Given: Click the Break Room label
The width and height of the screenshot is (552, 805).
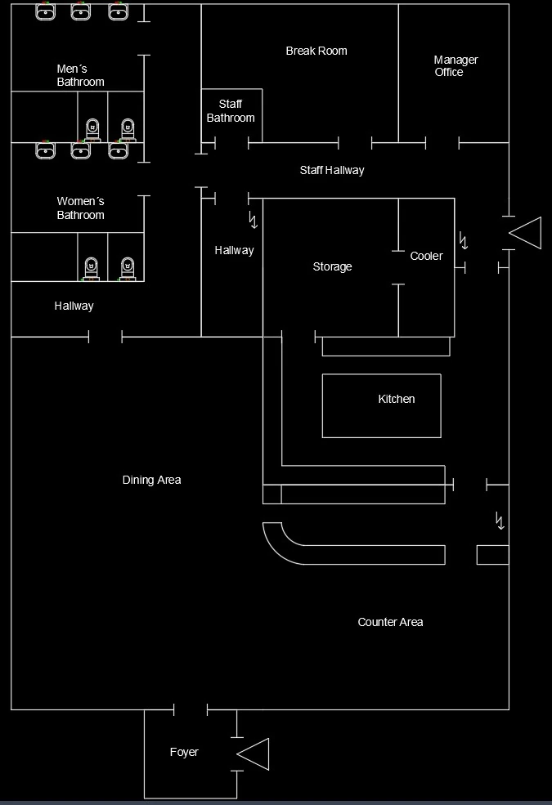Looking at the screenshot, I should click(316, 51).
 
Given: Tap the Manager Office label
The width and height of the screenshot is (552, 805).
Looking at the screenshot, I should click(455, 66).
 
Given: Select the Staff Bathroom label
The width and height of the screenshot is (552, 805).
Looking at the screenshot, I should click(231, 111).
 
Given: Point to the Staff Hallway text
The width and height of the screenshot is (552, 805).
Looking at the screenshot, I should click(332, 170).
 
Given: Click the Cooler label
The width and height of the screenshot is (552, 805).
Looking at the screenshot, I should click(426, 256).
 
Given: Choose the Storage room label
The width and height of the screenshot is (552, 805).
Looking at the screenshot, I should click(333, 266).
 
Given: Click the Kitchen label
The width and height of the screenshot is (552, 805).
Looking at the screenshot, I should click(397, 399).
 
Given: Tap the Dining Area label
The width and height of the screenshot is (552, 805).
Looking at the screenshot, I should click(151, 480).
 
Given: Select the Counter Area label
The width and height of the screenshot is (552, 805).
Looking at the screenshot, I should click(390, 622).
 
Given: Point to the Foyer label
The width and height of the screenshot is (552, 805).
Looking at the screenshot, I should click(184, 752).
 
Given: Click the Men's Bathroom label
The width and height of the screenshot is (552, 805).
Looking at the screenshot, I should click(80, 75).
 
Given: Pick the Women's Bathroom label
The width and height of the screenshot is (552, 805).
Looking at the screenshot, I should click(80, 208).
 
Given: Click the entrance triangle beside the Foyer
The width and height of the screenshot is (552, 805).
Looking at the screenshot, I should click(255, 754).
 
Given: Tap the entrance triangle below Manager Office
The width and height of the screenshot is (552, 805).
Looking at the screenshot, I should click(527, 233).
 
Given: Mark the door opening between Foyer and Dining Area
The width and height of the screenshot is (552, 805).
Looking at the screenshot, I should click(191, 709).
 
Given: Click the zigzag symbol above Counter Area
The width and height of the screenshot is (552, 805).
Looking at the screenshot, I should click(500, 520).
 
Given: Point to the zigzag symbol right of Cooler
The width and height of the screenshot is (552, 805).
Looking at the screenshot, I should click(464, 240).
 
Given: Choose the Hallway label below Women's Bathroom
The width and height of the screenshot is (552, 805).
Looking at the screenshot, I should click(74, 306).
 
